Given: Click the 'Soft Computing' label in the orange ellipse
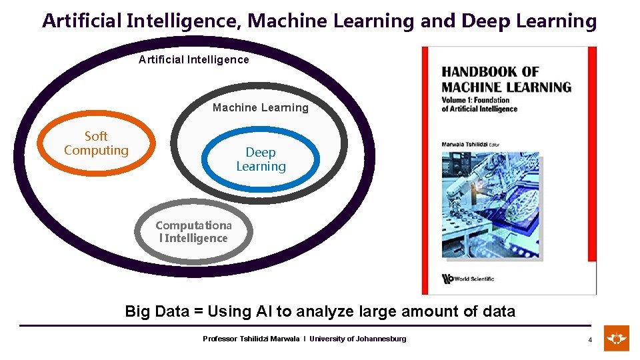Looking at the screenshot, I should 96,143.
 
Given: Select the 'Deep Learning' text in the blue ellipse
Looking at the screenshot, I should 261,159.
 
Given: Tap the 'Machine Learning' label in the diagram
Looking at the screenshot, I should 260,107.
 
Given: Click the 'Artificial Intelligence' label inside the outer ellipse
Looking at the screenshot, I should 193,60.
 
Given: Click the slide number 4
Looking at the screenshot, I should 589,340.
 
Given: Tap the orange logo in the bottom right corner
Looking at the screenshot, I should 617,339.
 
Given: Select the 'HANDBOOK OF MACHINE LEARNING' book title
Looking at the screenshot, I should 506,79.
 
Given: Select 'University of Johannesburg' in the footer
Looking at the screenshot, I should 357,339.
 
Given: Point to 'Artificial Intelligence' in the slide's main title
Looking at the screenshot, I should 141,21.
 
